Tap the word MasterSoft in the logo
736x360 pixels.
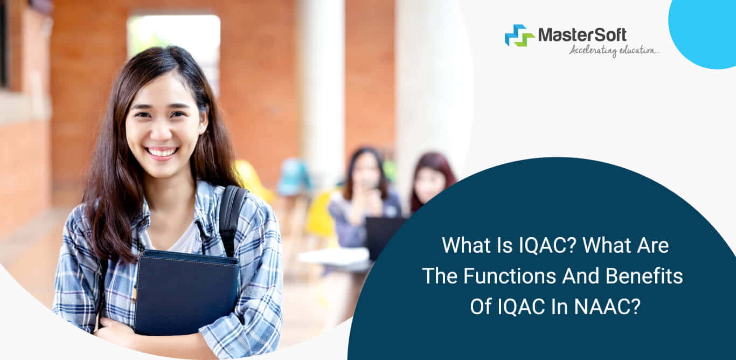(x=582, y=35)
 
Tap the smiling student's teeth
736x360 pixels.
(x=162, y=152)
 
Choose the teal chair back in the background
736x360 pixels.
(x=294, y=175)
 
